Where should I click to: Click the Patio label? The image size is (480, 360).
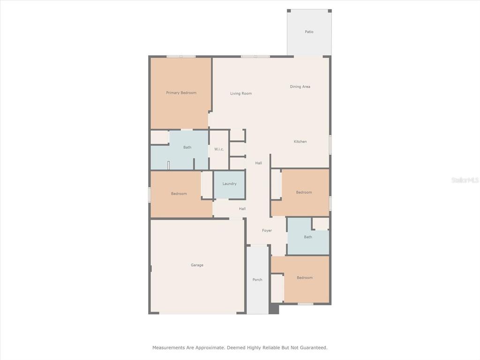pos(309,32)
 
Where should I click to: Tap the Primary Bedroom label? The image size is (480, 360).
pos(181,93)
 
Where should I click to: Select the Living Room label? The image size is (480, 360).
pos(241,94)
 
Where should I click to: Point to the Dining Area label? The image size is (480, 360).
pos(300,87)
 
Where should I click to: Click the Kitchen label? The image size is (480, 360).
pos(300,142)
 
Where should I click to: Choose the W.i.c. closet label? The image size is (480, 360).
pos(219,150)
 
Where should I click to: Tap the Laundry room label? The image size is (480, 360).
pos(229,184)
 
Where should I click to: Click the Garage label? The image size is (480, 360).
pos(197,265)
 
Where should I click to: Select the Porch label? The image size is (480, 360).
pos(257,279)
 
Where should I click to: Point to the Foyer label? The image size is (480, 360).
pos(267,231)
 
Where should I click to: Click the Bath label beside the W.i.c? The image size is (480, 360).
pos(187,147)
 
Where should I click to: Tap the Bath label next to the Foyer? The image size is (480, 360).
pos(307,237)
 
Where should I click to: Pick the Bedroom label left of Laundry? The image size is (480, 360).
pos(179,194)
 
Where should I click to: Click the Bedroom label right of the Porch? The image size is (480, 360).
pos(305,277)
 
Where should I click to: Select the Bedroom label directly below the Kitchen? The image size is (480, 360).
pos(304,192)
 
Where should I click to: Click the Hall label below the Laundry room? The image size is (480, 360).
pos(242,209)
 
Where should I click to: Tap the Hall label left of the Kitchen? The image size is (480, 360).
pos(258,163)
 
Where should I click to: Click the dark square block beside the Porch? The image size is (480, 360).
pos(274,308)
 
